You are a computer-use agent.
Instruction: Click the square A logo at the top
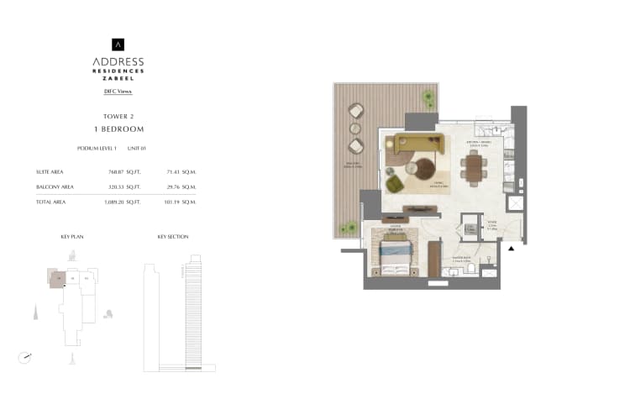[118, 45]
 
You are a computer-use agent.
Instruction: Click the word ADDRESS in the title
[118, 61]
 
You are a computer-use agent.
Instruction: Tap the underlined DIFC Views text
[118, 91]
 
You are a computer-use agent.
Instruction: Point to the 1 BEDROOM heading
[118, 129]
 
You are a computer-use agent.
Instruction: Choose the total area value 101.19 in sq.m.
[175, 202]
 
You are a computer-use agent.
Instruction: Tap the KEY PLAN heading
[72, 238]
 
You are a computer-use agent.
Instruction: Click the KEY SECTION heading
[172, 238]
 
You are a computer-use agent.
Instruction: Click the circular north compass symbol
[25, 357]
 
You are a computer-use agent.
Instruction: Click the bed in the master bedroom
[396, 253]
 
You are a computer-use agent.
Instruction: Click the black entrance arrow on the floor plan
[512, 249]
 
